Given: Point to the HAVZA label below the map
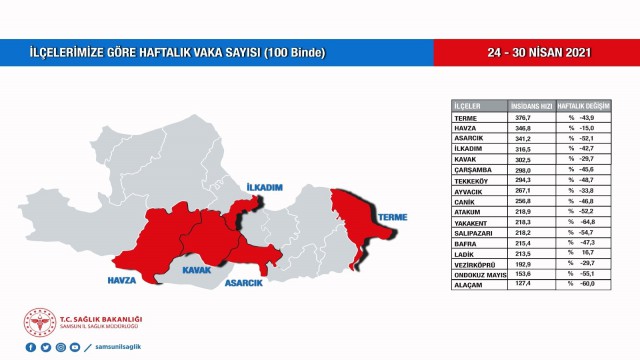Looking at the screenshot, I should (121, 279).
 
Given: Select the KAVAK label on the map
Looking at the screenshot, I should (196, 270).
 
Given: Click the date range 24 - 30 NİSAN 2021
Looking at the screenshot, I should (537, 51).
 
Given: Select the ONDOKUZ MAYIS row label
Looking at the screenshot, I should (478, 274).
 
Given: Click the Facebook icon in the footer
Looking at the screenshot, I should (30, 347).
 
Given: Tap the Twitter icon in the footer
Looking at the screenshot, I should (45, 347).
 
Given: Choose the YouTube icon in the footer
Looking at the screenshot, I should (75, 347).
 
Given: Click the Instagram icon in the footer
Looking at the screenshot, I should (60, 347).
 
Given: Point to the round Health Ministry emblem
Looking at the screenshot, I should (39, 322).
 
